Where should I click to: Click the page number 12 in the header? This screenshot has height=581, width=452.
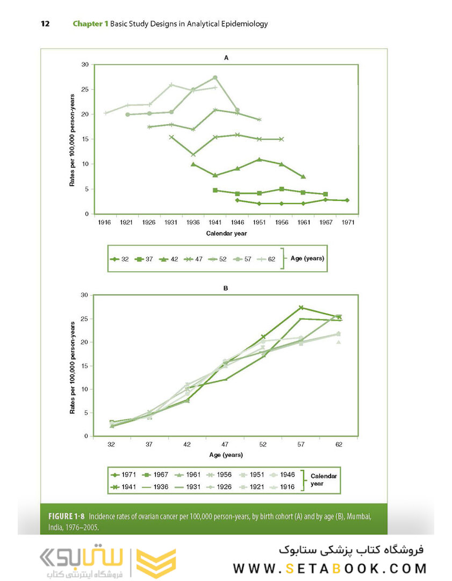click(x=45, y=24)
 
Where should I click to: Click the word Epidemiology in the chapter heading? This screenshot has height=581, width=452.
click(x=246, y=24)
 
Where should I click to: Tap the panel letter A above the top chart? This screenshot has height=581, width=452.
click(x=226, y=57)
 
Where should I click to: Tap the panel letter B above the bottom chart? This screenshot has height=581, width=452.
click(x=226, y=288)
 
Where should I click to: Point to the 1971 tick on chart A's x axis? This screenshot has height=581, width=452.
click(x=347, y=222)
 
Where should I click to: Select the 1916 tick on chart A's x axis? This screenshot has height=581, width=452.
click(x=105, y=222)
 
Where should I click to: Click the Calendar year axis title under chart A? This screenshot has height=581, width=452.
click(x=226, y=233)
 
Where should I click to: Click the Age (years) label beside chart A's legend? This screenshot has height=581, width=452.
click(x=307, y=258)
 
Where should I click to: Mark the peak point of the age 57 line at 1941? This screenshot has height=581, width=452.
click(x=215, y=77)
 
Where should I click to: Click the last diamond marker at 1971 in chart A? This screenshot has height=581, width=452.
click(x=347, y=200)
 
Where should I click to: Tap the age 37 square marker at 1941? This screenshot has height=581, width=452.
click(x=215, y=190)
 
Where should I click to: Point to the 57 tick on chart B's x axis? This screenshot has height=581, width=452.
click(x=302, y=444)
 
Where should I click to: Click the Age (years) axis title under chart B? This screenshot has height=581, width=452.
click(x=226, y=455)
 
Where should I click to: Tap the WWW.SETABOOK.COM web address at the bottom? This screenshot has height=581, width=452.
click(x=329, y=568)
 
